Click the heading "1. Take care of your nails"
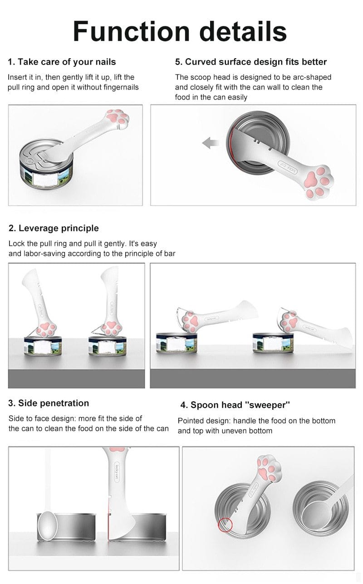point(62,62)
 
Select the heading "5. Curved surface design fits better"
point(251,62)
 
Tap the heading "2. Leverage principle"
point(54,228)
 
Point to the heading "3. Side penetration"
point(49,403)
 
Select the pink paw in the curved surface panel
point(319,183)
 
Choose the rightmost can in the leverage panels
point(268,344)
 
